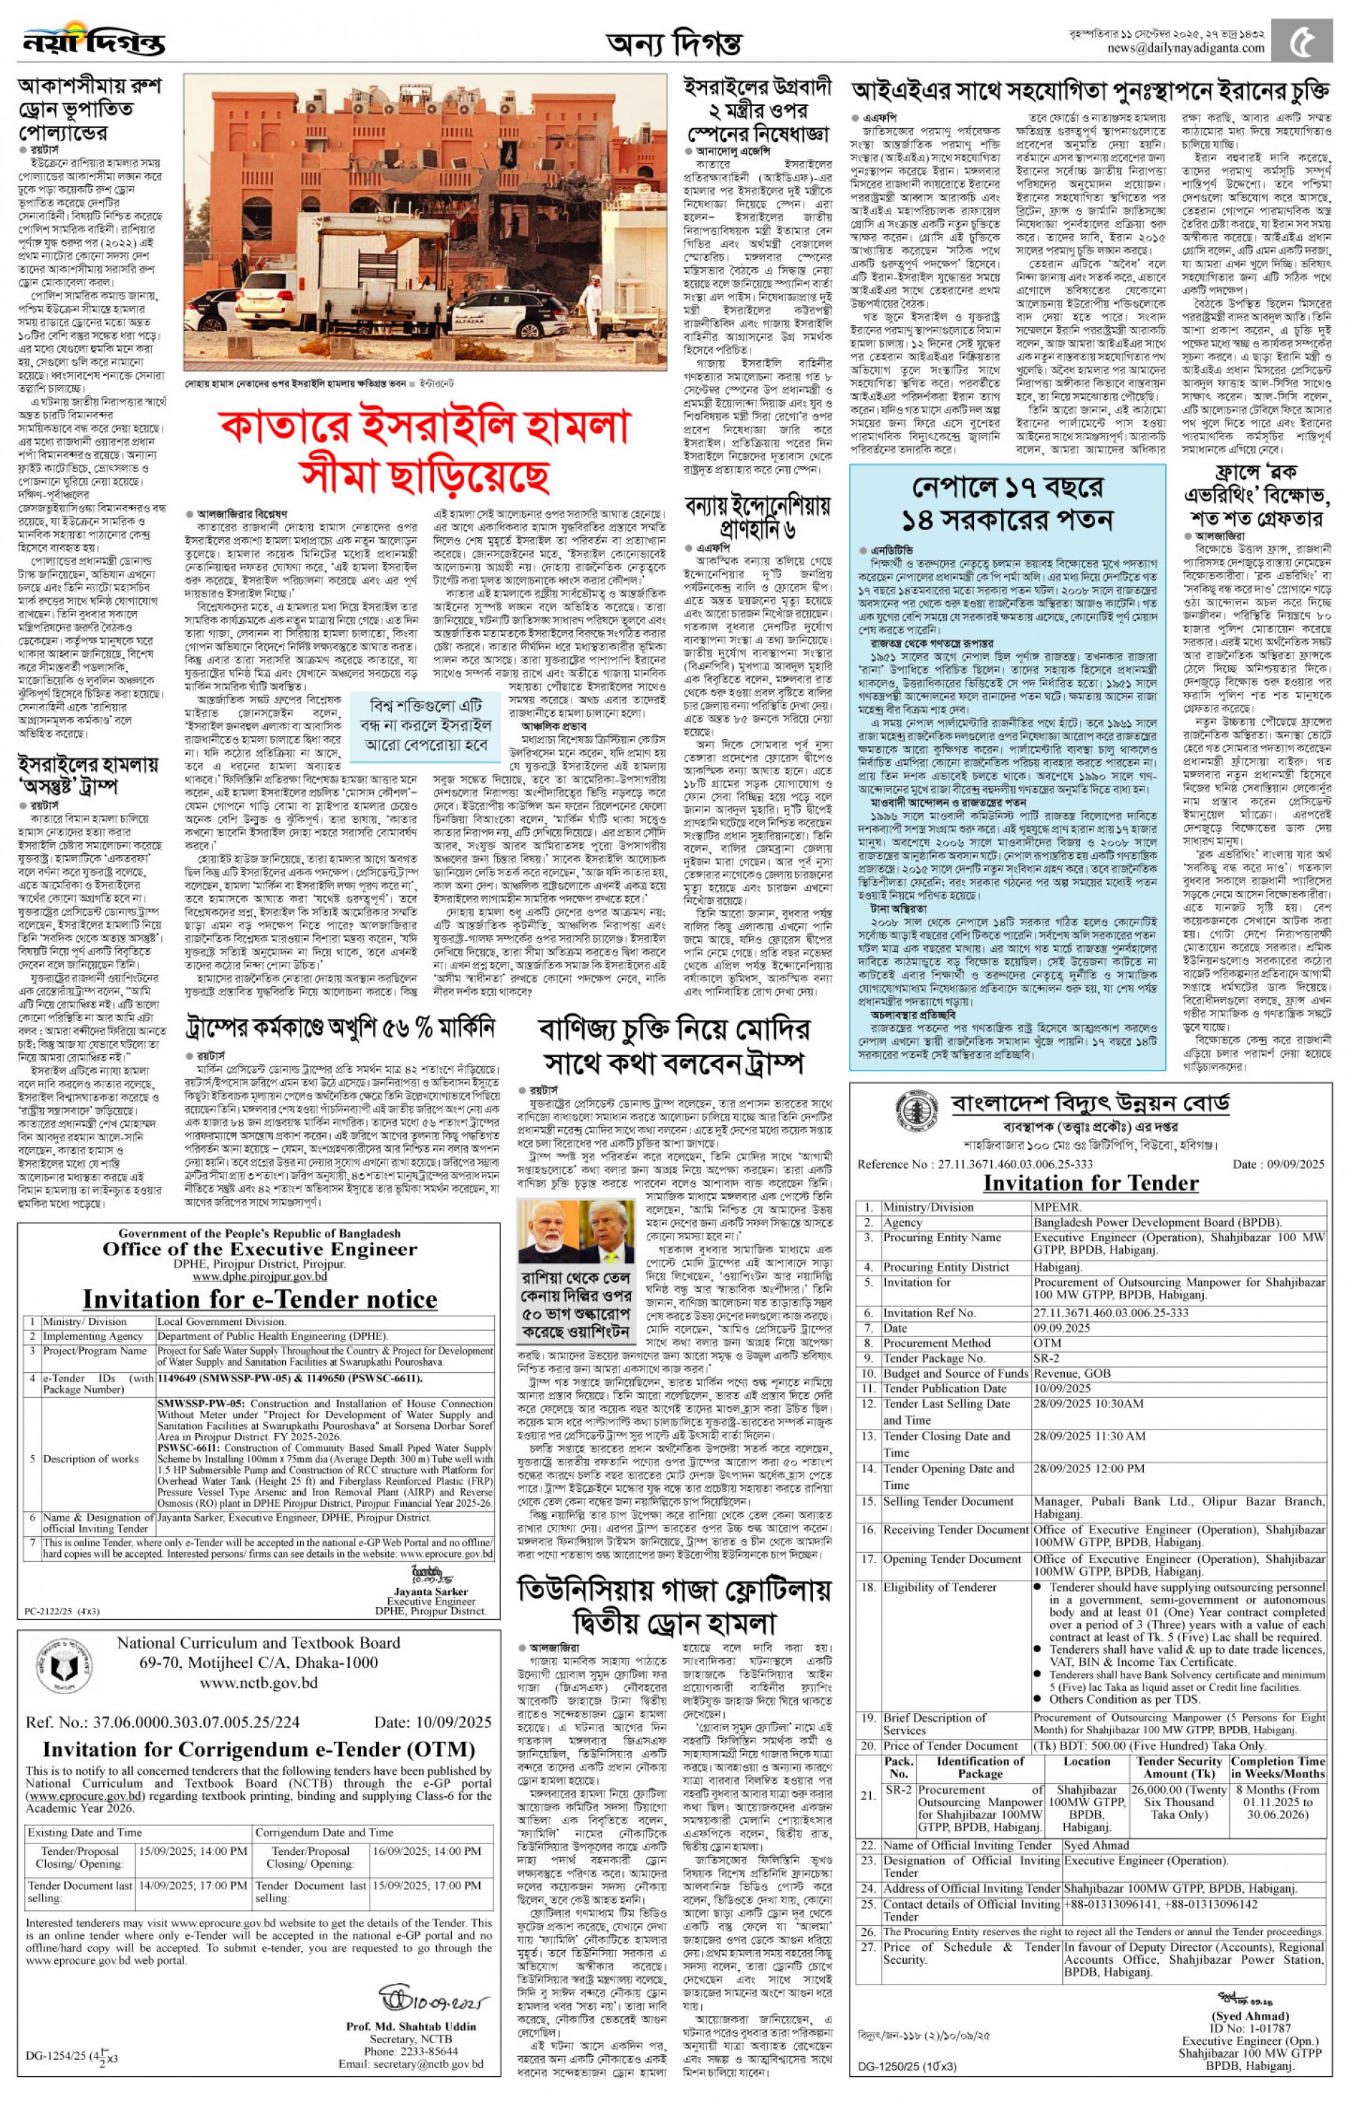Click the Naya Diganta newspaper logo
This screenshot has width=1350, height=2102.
(x=92, y=39)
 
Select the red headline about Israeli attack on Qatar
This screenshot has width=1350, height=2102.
(x=425, y=450)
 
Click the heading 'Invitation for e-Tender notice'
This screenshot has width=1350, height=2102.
(x=259, y=1298)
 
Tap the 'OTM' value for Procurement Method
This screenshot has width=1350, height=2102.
(x=1046, y=1343)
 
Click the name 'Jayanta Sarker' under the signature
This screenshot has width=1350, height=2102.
(x=430, y=1591)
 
